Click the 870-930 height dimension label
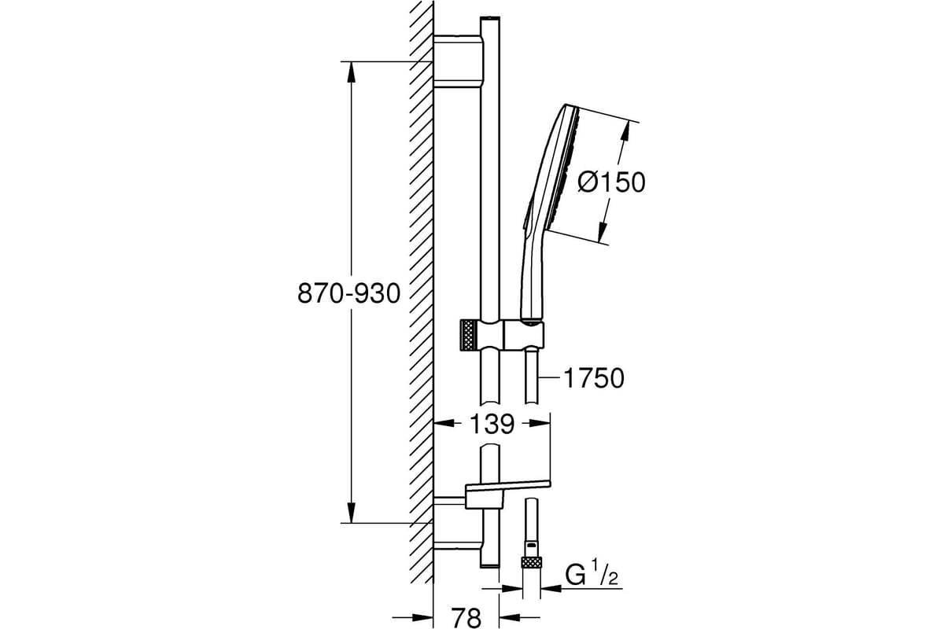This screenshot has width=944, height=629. coord(349,293)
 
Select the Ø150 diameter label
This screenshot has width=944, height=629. coord(611,182)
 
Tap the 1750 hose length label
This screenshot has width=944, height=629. coord(593,378)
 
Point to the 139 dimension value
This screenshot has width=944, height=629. coord(492,424)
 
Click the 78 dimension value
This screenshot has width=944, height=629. coord(466,617)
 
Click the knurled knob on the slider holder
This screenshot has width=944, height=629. coord(469,334)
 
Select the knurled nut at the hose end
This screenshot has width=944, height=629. coord(531,563)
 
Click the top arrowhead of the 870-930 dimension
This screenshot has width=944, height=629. coord(352,72)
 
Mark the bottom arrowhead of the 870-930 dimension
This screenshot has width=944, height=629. coord(352,513)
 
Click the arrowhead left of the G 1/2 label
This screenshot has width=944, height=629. coord(551,589)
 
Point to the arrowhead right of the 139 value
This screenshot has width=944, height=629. coord(540,423)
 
